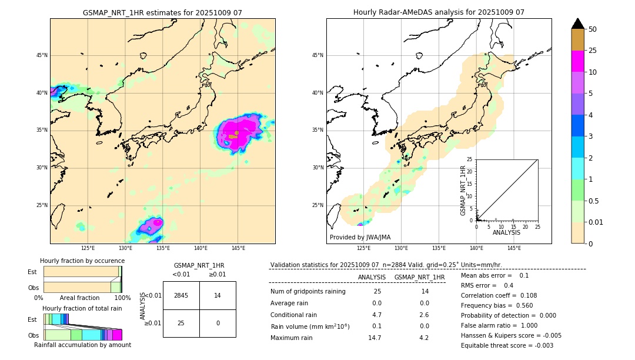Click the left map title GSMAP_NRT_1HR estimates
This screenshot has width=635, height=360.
(x=162, y=12)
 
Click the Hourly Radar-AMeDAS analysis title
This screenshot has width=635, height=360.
(x=439, y=12)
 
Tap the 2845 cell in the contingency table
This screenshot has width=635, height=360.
(x=181, y=295)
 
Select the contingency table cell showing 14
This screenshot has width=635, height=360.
(x=218, y=295)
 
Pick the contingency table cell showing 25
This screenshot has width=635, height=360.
(x=181, y=323)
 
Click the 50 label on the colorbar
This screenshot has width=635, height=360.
(x=593, y=29)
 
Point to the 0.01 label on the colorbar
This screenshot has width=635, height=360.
(x=596, y=222)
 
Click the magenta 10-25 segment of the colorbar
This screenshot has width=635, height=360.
(x=578, y=61)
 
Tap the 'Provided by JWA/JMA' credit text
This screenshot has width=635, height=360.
(x=360, y=238)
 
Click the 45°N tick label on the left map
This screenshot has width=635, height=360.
(x=42, y=55)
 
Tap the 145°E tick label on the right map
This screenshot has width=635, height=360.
(x=514, y=248)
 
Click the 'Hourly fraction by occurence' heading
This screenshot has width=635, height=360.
(x=82, y=261)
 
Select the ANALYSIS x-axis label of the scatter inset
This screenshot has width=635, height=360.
(x=506, y=232)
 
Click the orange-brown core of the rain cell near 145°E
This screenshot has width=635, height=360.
(x=233, y=135)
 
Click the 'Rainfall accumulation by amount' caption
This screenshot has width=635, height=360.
(x=82, y=345)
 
